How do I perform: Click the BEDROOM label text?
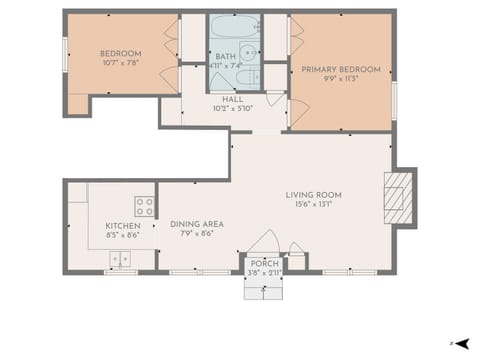(x=120, y=53)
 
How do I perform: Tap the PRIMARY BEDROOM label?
(x=341, y=69)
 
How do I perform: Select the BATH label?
(x=225, y=56)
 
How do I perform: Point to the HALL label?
(x=233, y=98)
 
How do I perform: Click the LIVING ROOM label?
(x=314, y=194)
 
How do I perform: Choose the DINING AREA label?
(x=196, y=224)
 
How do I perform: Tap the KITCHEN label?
(x=123, y=226)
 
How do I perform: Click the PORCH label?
(x=265, y=263)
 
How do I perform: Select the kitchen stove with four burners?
(x=145, y=207)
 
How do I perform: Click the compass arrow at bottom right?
(x=462, y=343)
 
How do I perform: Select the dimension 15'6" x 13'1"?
(x=314, y=204)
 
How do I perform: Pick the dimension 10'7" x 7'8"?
(x=120, y=63)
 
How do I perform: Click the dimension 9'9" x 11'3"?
(x=341, y=79)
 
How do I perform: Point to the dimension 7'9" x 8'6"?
(x=196, y=234)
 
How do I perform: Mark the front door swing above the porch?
(x=264, y=242)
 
